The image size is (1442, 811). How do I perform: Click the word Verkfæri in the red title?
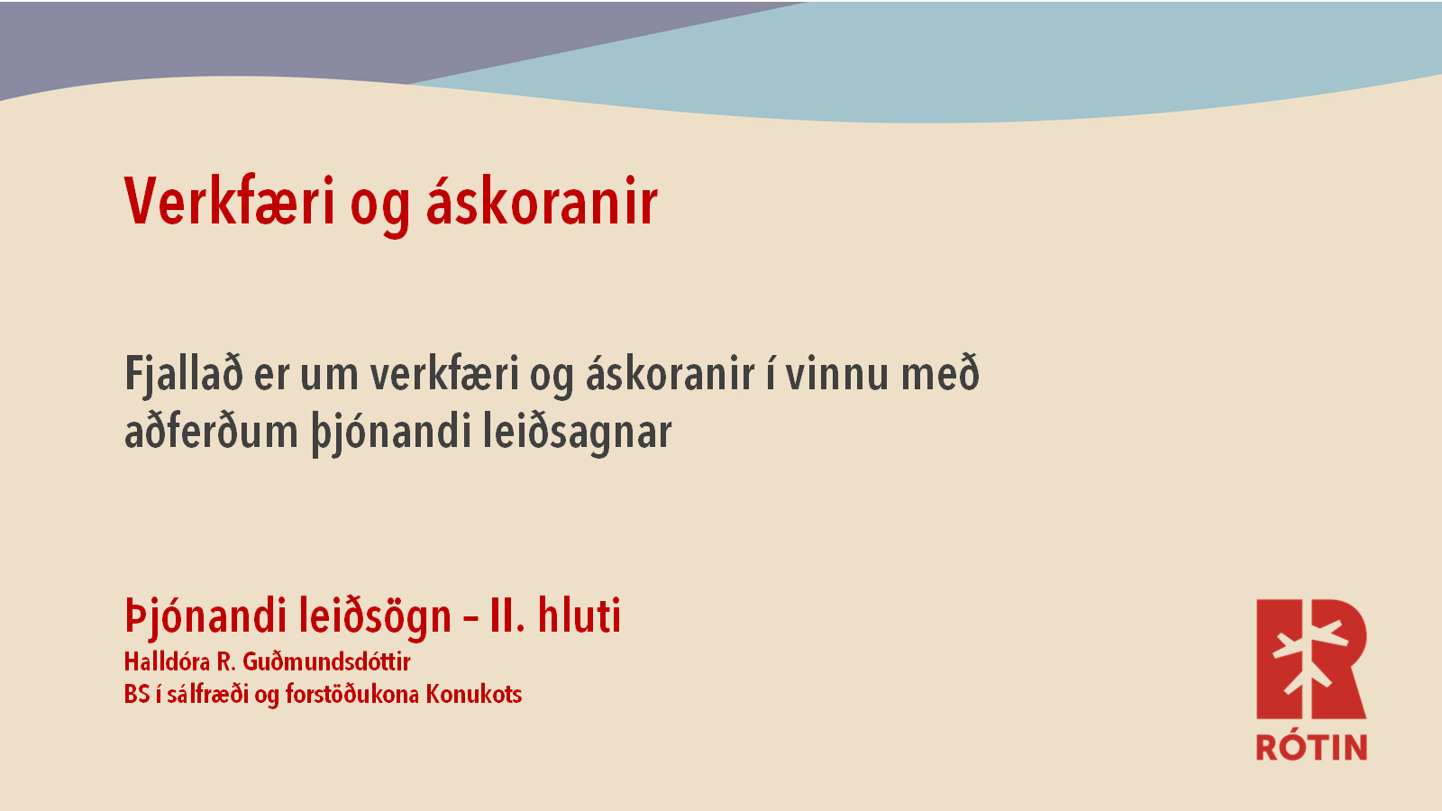(x=230, y=201)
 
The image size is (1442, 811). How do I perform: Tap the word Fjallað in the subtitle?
(x=184, y=375)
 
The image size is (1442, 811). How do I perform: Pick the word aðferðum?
(x=211, y=431)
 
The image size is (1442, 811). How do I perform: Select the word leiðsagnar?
(x=578, y=433)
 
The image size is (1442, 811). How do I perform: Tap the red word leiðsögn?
(x=375, y=616)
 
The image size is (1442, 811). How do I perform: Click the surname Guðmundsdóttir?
(x=326, y=661)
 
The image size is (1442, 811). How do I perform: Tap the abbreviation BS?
(x=137, y=694)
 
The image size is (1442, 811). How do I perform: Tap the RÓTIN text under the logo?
(x=1311, y=747)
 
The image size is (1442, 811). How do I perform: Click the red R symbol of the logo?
(x=1311, y=659)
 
